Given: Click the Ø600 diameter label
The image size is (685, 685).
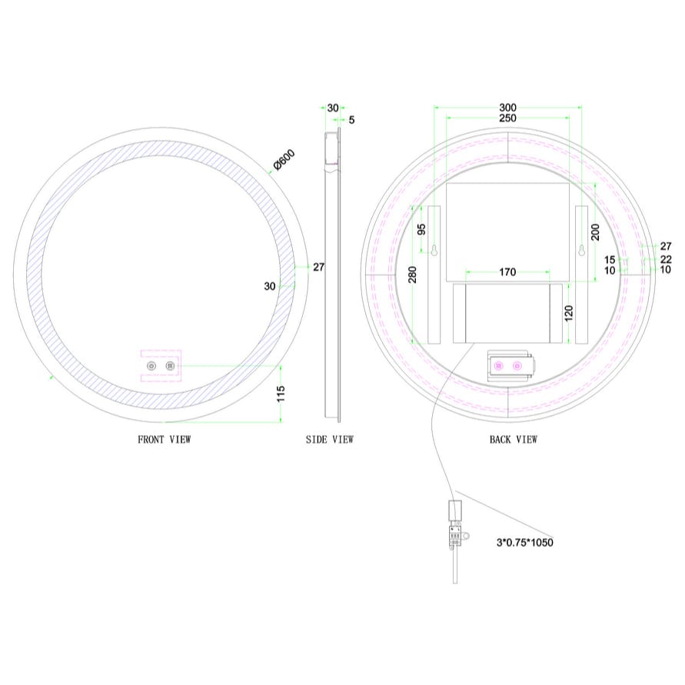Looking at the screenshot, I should click(x=284, y=160).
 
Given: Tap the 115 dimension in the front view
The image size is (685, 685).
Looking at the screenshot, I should click(x=281, y=394).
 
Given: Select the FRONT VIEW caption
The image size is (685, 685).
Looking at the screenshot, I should click(x=164, y=440).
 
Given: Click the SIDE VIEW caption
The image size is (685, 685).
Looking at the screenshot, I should click(x=330, y=440).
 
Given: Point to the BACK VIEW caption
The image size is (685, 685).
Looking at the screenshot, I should click(x=513, y=440).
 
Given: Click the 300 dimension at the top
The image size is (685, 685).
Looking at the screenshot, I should click(x=507, y=108).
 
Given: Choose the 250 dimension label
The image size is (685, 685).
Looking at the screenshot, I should click(x=507, y=118).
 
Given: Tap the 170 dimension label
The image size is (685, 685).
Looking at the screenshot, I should click(x=507, y=271).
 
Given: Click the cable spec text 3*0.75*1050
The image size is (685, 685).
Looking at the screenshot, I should click(x=524, y=542).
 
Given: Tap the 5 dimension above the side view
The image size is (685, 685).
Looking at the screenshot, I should click(x=351, y=119).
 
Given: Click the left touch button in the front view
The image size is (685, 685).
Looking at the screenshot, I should click(x=151, y=366).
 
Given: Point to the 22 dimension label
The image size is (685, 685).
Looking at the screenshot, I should click(x=666, y=260).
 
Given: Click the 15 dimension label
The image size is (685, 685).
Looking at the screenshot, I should click(x=610, y=260).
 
